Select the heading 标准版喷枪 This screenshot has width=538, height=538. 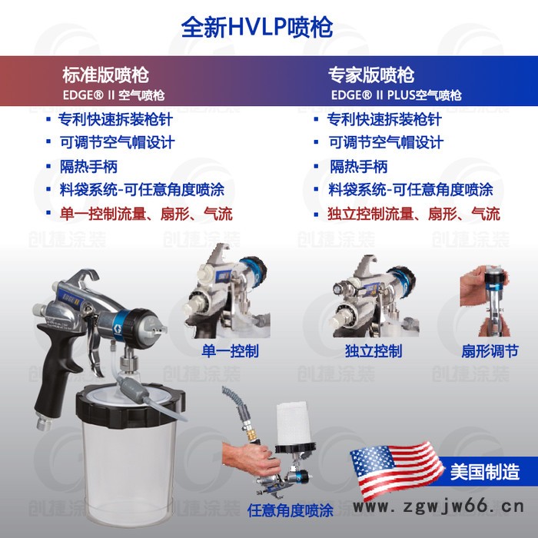point(105,75)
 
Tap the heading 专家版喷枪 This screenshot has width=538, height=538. point(371,75)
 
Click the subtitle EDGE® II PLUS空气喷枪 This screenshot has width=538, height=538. point(397,96)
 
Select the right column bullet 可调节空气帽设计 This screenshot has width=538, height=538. point(386,143)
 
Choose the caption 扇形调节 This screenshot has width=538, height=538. point(489,350)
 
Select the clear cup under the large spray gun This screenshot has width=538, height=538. point(130,446)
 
